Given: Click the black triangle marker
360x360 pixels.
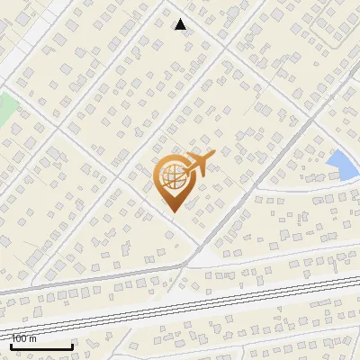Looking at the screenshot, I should [x=181, y=24].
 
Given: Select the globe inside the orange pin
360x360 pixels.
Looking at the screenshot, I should [x=174, y=176].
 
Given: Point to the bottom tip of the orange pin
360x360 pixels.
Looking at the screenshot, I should [x=173, y=212].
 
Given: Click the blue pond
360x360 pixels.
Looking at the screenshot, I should [x=342, y=165].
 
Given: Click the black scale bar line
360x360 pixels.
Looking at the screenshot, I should [x=40, y=346].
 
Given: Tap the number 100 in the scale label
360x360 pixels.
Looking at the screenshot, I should [x=19, y=338].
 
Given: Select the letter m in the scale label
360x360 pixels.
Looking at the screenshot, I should [x=32, y=338].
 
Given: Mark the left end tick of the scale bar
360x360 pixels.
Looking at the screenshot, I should [x=10, y=345].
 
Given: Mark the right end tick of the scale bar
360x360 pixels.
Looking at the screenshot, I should [x=72, y=345].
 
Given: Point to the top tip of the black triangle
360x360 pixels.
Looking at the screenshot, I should [x=181, y=19].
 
